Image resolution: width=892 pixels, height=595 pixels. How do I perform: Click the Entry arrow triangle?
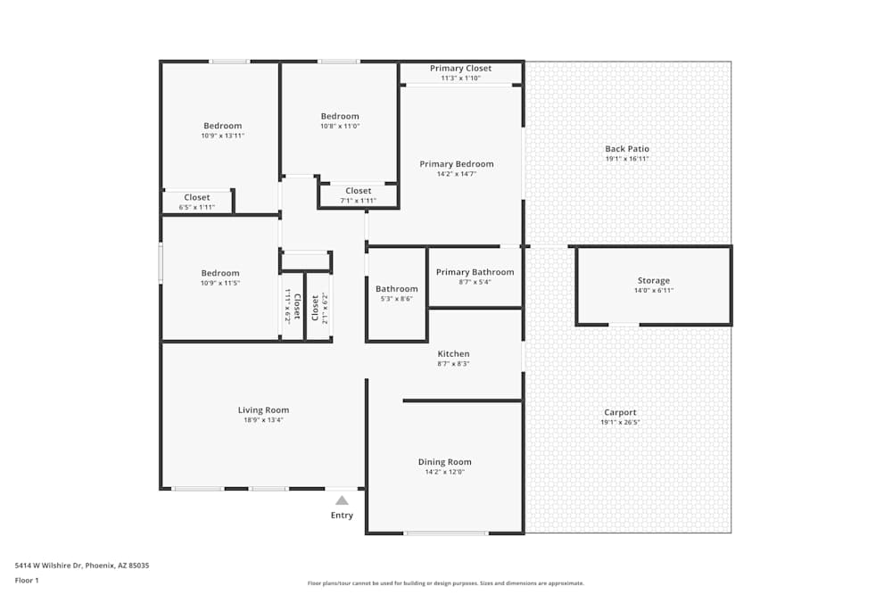click(x=342, y=500)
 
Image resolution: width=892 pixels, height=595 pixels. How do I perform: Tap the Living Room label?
click(x=263, y=410)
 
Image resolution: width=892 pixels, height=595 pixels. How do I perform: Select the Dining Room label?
click(x=444, y=462)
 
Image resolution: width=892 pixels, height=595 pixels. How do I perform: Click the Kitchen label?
click(x=453, y=354)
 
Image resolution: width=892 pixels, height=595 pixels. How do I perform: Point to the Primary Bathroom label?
click(x=475, y=272)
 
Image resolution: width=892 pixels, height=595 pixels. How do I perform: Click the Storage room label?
click(x=653, y=281)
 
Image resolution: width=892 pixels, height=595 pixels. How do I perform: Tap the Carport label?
click(x=620, y=412)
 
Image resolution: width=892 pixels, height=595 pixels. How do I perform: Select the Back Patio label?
click(x=627, y=149)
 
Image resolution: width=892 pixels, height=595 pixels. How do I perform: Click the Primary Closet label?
click(x=460, y=69)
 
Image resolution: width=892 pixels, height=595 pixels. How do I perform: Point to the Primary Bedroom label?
click(x=456, y=164)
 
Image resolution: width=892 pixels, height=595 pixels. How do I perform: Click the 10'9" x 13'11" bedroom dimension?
click(x=222, y=136)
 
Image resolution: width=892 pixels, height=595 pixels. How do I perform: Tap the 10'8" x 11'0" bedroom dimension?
click(x=340, y=126)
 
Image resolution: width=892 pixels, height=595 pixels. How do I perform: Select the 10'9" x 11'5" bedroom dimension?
click(x=219, y=283)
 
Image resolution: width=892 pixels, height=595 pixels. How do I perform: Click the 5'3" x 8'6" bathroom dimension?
click(x=396, y=299)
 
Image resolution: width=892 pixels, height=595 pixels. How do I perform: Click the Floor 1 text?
click(x=27, y=581)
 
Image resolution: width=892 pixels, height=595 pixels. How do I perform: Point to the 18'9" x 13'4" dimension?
click(x=263, y=420)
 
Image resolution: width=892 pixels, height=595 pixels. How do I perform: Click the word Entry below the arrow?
click(x=342, y=516)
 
